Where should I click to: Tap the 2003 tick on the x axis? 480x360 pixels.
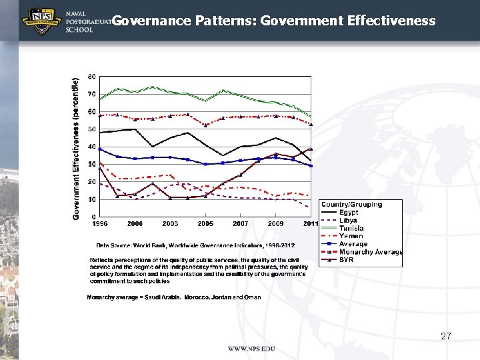[x=170, y=223]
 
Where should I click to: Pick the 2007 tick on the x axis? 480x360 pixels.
[x=240, y=223]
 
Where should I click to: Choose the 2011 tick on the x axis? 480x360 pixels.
[x=311, y=223]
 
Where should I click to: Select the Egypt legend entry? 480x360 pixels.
[x=349, y=213]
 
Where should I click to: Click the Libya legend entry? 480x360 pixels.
[x=348, y=221]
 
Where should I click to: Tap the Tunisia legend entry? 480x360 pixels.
[x=351, y=228]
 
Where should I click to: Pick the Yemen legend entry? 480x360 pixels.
[x=351, y=236]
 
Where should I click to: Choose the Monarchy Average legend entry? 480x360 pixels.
[x=371, y=252]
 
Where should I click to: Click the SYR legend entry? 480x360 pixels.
[x=346, y=259]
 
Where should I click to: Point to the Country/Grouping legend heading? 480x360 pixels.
[x=351, y=205]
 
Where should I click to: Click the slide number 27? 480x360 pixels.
[x=446, y=337]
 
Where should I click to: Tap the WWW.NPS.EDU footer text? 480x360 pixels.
[x=251, y=349]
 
